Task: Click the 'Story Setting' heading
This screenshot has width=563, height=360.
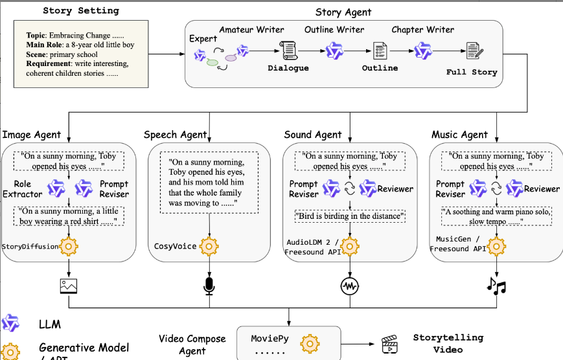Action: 81,10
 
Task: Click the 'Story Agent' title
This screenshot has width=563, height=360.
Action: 343,12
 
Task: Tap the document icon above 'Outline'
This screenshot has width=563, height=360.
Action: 379,51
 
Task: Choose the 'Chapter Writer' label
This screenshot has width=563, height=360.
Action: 422,30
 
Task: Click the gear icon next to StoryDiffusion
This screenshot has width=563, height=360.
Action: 69,246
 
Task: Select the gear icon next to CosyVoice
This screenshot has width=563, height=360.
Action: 209,246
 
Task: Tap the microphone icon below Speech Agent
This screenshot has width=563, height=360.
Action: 209,285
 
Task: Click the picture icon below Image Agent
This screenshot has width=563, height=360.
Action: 69,285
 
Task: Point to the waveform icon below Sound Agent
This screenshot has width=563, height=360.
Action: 349,285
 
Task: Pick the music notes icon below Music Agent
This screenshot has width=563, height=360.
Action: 496,285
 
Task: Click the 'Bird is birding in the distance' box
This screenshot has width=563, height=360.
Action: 349,216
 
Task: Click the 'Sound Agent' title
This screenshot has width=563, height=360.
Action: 312,135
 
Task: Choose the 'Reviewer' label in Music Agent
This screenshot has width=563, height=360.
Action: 542,189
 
